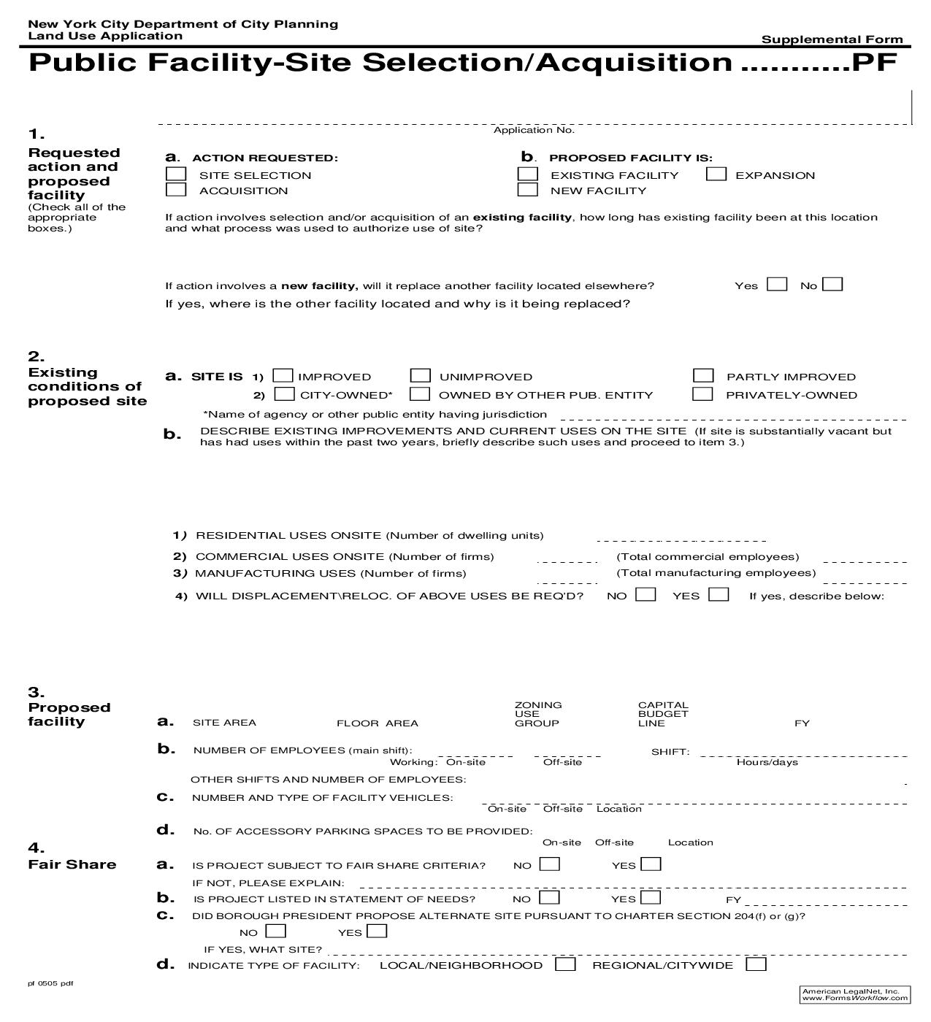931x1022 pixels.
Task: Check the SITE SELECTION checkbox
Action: click(176, 174)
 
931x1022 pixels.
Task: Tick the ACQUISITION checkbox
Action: click(176, 190)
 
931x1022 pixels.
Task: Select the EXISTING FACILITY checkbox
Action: click(527, 174)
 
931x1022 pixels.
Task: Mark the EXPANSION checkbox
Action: click(716, 174)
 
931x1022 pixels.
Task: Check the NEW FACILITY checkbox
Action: click(527, 190)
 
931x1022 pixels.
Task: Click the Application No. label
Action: click(534, 130)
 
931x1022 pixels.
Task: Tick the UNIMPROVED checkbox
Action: click(420, 376)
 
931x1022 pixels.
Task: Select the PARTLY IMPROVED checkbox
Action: click(703, 376)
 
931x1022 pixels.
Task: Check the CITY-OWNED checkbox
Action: click(284, 394)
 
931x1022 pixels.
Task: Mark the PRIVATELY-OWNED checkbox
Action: click(702, 394)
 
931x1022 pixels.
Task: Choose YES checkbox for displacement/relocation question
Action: click(719, 595)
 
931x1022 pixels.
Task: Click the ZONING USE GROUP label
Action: click(538, 714)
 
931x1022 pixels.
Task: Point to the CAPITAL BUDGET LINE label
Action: click(663, 714)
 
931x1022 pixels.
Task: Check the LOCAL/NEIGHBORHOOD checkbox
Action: click(565, 965)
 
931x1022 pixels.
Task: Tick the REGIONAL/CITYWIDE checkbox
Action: click(756, 965)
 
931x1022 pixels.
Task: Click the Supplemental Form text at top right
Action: click(832, 39)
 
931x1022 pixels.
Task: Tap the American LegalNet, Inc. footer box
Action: click(855, 994)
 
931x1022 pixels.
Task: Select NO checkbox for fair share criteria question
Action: click(549, 865)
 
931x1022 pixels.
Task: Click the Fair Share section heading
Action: click(72, 865)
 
